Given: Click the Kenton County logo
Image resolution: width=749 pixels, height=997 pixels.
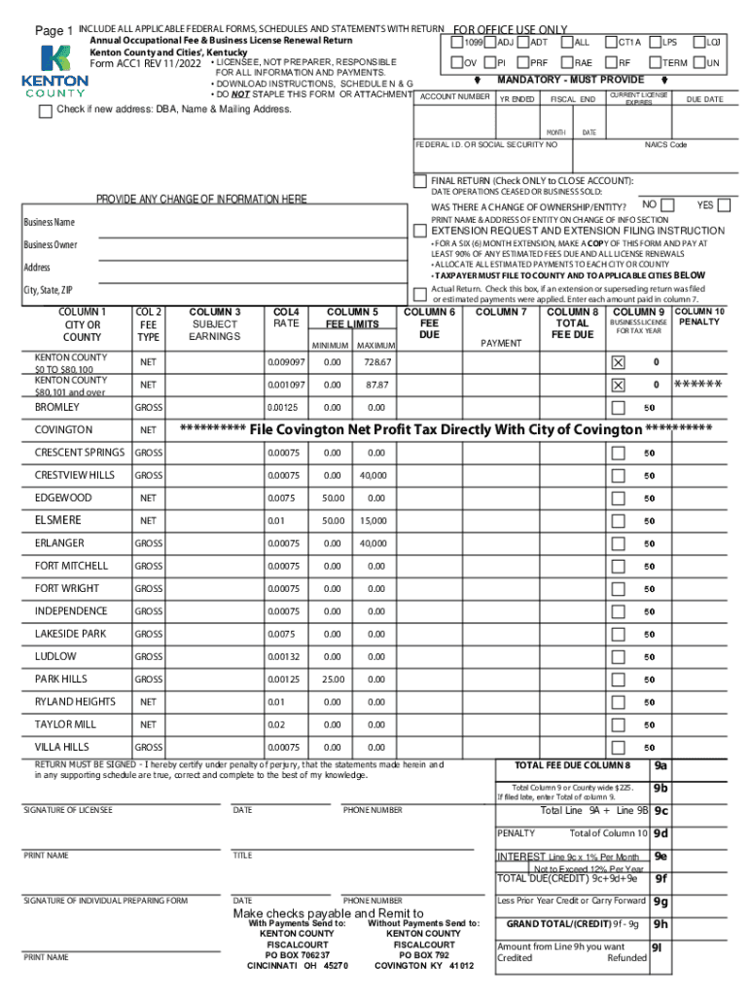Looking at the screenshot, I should tap(54, 71).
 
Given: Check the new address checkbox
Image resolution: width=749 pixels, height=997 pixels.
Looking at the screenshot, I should tap(46, 111).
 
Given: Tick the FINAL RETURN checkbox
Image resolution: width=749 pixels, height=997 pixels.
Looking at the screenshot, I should tap(420, 182).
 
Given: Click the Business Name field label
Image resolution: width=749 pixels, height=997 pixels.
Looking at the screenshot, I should tap(49, 223).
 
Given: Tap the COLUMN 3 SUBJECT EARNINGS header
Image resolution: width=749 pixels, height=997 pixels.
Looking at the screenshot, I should tap(216, 323).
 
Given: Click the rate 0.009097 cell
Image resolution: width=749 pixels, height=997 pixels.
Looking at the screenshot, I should tap(286, 361).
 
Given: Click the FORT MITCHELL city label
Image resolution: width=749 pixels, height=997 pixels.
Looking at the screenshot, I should tap(72, 566).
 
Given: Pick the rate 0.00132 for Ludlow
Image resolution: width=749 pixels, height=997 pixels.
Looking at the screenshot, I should tap(286, 656).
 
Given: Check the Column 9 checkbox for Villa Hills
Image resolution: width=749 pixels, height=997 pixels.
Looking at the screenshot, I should tap(618, 747).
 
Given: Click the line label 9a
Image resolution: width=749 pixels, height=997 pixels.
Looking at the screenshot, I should tap(661, 765).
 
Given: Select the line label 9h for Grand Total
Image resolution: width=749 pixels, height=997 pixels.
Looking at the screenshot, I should tap(661, 924).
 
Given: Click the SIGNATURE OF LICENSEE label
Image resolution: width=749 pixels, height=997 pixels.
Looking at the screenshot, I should tap(68, 810).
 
